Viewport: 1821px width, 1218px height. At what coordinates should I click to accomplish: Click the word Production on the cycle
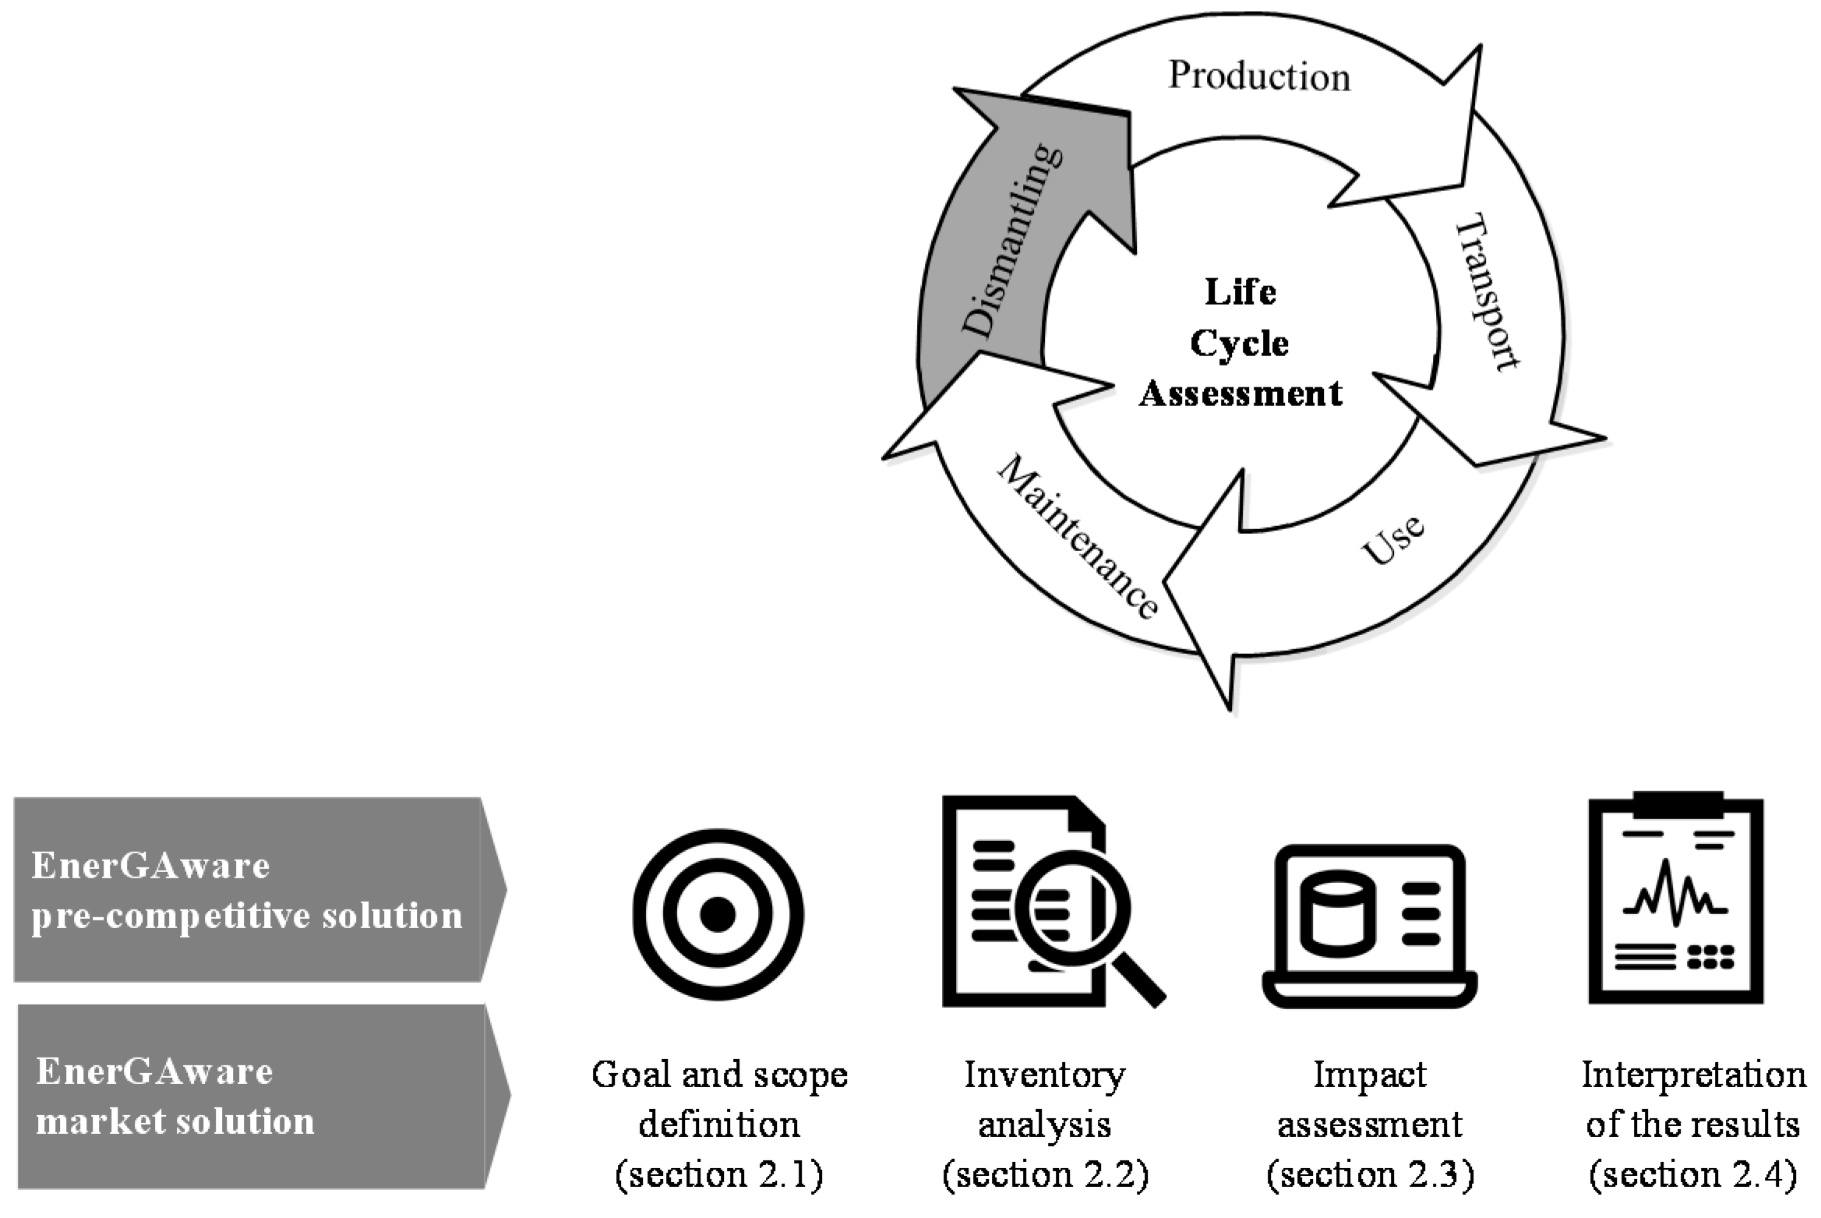1258,77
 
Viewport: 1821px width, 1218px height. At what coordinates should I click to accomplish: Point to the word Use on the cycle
1393,539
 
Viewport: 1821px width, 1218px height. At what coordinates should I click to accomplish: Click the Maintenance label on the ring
1078,538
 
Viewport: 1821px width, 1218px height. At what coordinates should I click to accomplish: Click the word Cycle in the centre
1239,343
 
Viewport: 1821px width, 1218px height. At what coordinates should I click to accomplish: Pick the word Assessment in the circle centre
1240,394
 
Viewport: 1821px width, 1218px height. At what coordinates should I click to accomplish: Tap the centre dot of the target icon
718,914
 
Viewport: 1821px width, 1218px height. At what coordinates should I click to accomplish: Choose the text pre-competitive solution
247,916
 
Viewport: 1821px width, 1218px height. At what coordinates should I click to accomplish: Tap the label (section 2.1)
718,1174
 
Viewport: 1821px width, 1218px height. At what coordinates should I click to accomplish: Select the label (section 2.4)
1692,1174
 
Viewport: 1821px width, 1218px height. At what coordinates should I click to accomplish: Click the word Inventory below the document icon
1045,1076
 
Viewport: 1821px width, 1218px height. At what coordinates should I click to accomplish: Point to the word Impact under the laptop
1370,1076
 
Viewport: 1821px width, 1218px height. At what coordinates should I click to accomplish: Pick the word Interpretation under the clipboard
1692,1076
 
